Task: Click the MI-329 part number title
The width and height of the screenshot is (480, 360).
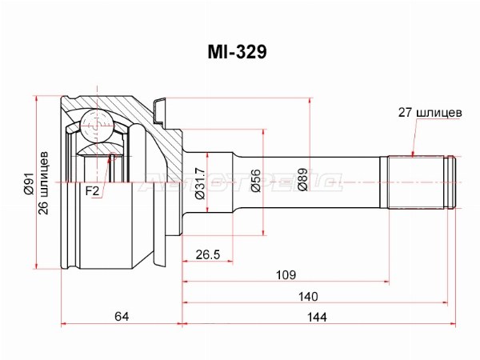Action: point(238,52)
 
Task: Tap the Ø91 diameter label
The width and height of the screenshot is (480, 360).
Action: point(31,185)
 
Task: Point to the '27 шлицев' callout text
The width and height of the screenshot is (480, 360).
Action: point(430,114)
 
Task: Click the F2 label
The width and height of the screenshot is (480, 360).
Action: point(93,191)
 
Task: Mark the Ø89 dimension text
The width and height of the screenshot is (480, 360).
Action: point(302,183)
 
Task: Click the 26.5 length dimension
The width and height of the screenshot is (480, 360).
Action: point(207,255)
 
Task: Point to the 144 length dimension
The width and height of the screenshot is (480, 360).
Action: point(318,317)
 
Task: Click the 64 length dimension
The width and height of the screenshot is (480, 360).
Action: point(121,317)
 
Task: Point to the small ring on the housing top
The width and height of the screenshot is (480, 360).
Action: point(160,105)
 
